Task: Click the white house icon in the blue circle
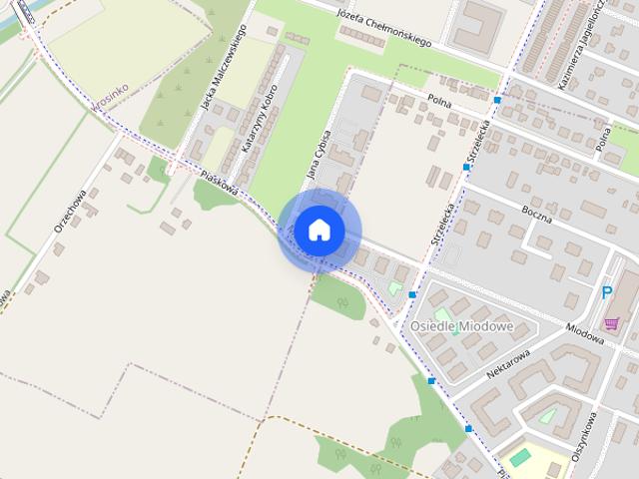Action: (319, 230)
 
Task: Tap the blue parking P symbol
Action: (607, 292)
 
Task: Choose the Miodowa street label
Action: (585, 332)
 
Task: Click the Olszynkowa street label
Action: (584, 435)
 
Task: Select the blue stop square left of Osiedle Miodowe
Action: (412, 294)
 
